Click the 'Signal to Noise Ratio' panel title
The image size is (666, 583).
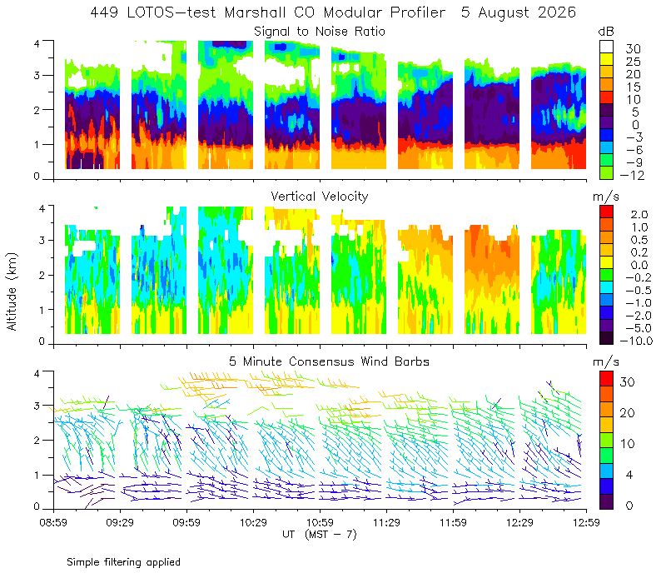point(320,32)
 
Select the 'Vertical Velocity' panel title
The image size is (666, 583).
point(320,197)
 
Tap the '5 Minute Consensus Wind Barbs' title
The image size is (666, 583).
point(329,361)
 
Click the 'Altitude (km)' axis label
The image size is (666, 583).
point(12,292)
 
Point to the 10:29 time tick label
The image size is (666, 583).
point(253,522)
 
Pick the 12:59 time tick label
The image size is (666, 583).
point(586,522)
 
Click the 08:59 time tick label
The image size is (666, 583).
point(53,522)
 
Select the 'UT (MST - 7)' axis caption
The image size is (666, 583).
point(320,535)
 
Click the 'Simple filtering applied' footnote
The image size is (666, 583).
point(123,562)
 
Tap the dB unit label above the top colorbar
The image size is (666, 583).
point(606,32)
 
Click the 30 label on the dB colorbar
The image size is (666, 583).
point(633,49)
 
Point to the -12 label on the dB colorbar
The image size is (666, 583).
point(632,175)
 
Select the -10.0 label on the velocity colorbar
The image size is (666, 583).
point(636,341)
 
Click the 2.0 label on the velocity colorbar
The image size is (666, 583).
point(639,215)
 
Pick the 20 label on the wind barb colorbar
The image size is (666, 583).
point(628,413)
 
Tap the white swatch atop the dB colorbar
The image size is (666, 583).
point(606,47)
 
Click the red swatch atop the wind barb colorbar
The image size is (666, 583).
point(606,379)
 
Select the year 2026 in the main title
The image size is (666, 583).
point(557,12)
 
